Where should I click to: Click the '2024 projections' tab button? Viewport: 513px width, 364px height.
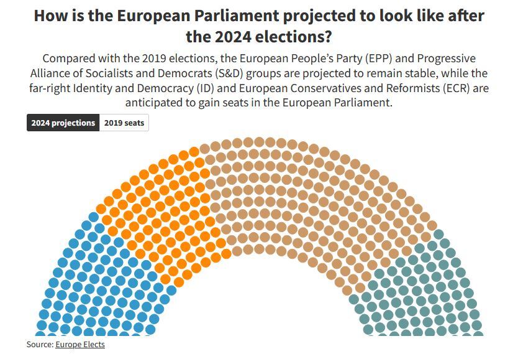coord(63,123)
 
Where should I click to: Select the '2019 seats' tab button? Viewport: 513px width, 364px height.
coord(124,123)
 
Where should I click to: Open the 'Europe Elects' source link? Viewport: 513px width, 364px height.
coord(80,344)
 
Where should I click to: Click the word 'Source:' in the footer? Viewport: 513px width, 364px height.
coord(40,344)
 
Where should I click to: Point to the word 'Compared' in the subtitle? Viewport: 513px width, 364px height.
coord(69,58)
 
